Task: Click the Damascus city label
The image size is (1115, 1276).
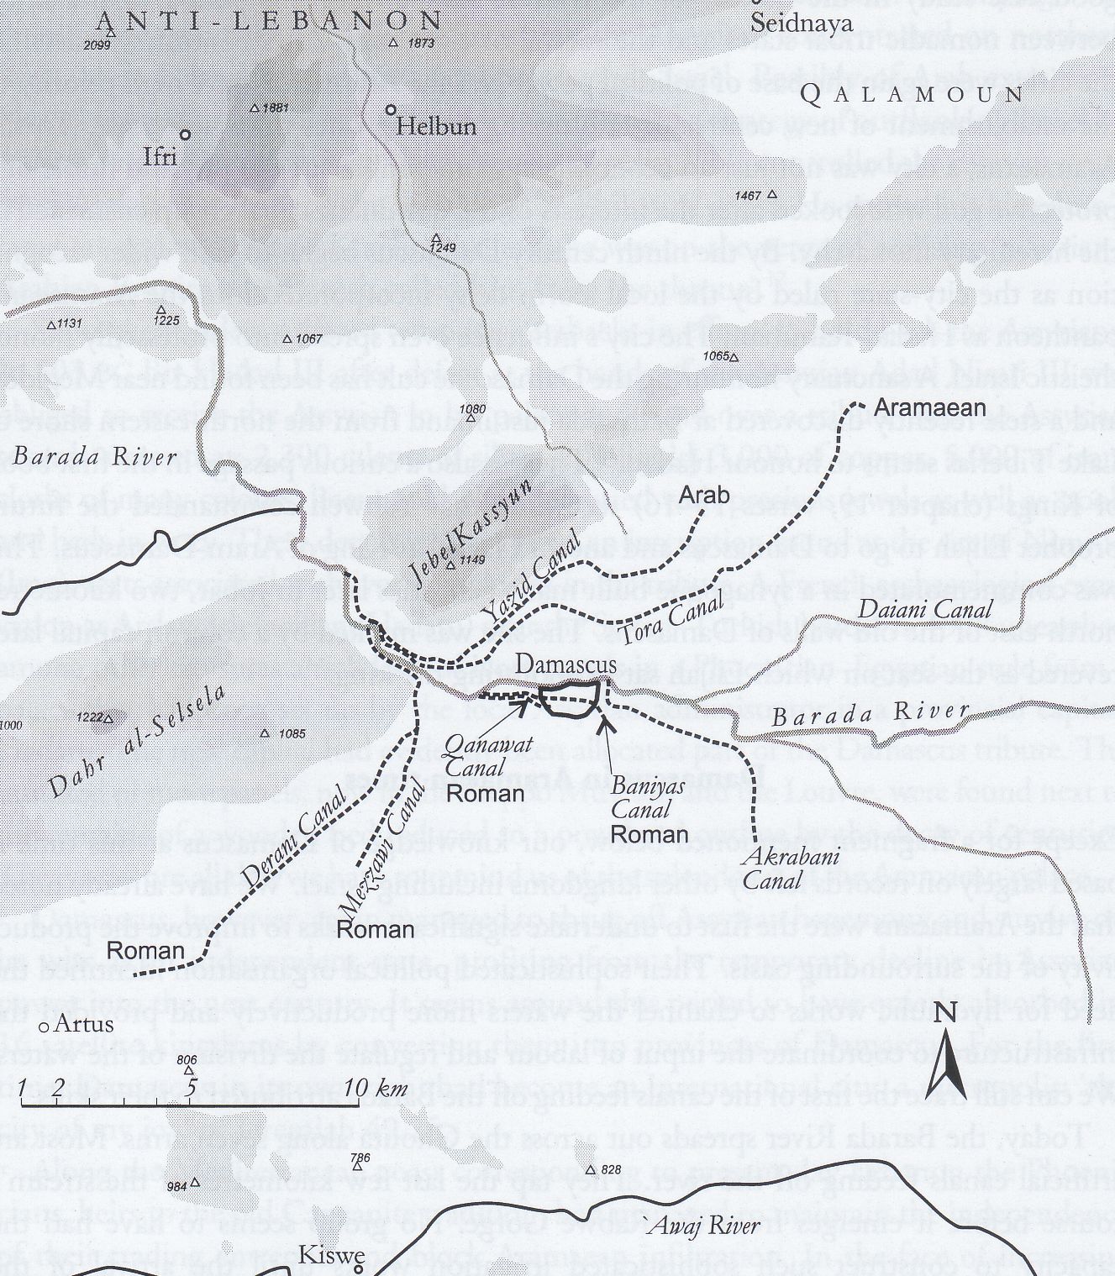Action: tap(565, 664)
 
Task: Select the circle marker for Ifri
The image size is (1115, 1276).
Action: tap(186, 134)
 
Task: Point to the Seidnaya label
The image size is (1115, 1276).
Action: tap(802, 24)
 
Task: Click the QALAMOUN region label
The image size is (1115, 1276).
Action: tap(913, 93)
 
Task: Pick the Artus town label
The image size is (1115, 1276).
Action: tap(82, 1025)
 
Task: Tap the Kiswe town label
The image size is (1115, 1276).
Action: tap(332, 1256)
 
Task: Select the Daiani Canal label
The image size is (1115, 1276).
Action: tap(924, 609)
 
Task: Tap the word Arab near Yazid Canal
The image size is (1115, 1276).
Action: tap(704, 495)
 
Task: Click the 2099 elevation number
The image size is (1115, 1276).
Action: tap(97, 45)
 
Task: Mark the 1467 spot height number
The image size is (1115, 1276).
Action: tap(747, 196)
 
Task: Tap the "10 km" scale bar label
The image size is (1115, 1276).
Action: tap(375, 1089)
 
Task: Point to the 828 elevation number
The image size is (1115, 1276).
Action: tap(611, 1170)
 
